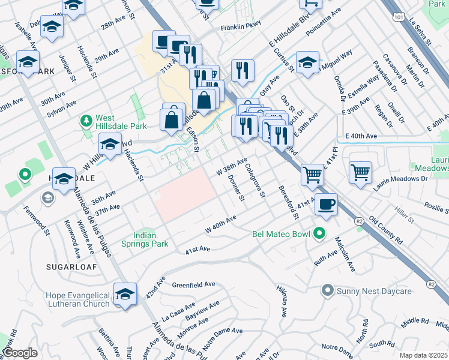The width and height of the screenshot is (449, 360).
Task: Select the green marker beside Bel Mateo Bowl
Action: tap(321, 233)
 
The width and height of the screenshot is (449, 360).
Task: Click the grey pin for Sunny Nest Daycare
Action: tap(327, 291)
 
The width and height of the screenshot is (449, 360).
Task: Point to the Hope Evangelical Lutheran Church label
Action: tap(78, 299)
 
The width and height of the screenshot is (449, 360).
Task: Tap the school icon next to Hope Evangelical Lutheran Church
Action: tap(125, 294)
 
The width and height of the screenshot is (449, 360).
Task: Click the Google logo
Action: tap(20, 353)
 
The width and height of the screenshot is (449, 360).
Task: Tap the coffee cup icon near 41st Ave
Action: tap(326, 205)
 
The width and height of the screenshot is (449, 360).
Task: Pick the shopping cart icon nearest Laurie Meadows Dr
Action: tap(360, 173)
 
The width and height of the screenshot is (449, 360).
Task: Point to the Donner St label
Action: tap(235, 188)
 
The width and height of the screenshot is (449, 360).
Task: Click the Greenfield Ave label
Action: tap(193, 284)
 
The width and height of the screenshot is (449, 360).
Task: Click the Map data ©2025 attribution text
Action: tap(423, 355)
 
